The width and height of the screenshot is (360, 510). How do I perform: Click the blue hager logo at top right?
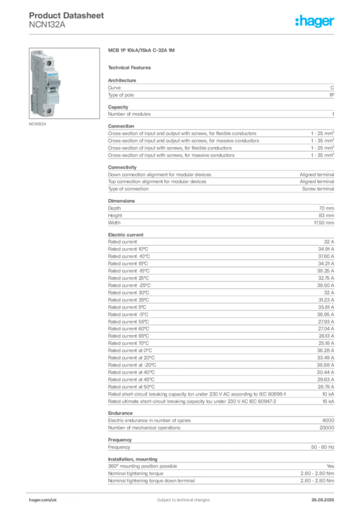pyautogui.click(x=315, y=22)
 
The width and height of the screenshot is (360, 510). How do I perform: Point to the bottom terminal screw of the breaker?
pyautogui.click(x=50, y=111)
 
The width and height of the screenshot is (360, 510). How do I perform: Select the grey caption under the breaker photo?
pyautogui.click(x=37, y=125)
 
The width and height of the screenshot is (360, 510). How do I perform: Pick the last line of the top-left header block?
pyautogui.click(x=47, y=29)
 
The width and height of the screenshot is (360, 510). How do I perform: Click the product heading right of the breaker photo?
pyautogui.click(x=137, y=50)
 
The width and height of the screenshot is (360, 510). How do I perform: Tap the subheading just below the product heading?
pyautogui.click(x=131, y=67)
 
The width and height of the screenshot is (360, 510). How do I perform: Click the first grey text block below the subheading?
pyautogui.click(x=221, y=89)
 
